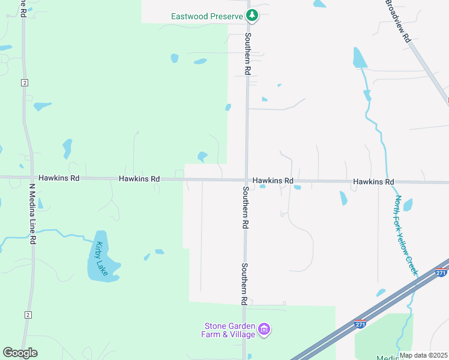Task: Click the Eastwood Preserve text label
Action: pos(206,16)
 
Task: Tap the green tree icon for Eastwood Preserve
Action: pos(253,16)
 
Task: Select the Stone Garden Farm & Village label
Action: pos(229,330)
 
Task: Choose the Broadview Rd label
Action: pos(397,20)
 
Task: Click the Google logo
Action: pos(20,353)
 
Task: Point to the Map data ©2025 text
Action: pos(424,355)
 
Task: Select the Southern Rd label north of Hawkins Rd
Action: pos(247,53)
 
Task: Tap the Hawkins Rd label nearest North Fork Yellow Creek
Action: pos(373,181)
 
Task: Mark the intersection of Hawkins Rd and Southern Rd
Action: pos(246,180)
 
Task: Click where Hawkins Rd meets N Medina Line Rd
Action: pos(30,178)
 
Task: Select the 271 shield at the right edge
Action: pos(442,272)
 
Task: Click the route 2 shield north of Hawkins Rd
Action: pos(25,82)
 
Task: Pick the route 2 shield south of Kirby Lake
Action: pos(28,315)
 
